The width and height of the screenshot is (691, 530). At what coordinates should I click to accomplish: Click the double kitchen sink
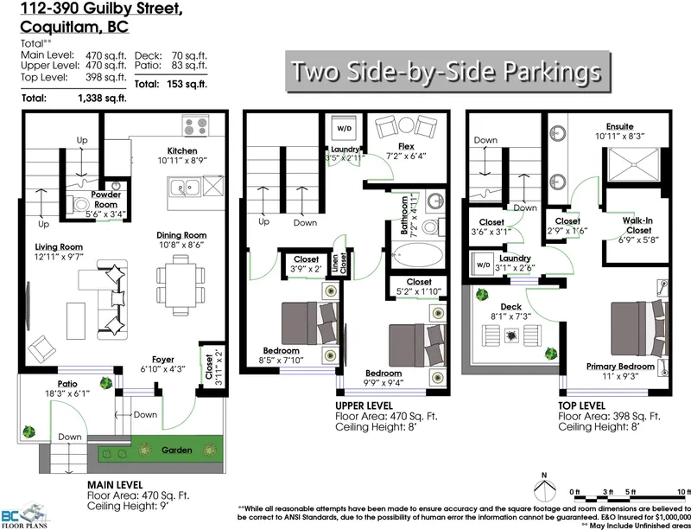pos(184,186)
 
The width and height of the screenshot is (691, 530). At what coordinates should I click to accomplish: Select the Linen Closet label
pos(345,261)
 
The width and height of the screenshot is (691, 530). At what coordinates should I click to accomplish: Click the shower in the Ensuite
pos(637,163)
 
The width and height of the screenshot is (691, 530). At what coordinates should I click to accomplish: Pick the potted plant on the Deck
pos(550,352)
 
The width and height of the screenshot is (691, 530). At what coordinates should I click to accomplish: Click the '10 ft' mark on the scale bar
pos(682,492)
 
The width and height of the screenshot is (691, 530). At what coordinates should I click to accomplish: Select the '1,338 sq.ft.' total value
pos(102,99)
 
